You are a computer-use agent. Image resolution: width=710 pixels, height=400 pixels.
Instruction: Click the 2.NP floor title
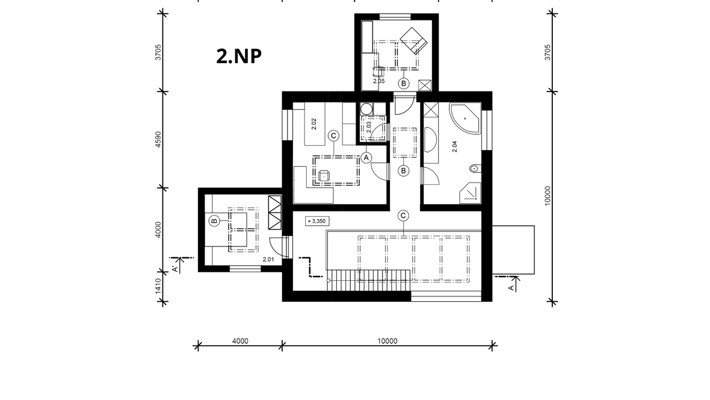[239, 56]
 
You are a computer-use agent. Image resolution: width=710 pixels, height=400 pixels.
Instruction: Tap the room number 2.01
[268, 260]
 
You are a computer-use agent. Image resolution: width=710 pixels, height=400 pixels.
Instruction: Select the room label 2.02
[314, 124]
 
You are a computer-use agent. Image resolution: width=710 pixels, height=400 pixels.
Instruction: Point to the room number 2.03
[369, 127]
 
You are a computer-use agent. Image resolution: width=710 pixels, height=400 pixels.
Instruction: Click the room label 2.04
[455, 146]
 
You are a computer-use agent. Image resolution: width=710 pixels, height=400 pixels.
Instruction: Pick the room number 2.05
[378, 81]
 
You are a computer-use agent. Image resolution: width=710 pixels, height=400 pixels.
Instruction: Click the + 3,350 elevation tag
[317, 221]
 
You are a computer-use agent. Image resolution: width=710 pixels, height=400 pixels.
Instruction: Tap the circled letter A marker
[366, 158]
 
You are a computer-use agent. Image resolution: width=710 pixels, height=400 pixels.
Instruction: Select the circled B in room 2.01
[214, 221]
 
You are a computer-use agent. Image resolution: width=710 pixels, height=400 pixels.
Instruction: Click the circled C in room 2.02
[333, 136]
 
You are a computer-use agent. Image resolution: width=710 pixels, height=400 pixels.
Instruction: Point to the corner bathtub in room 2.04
[465, 118]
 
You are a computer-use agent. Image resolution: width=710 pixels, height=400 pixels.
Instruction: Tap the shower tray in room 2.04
[470, 193]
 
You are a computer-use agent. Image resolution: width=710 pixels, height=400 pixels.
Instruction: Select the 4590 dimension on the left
[158, 140]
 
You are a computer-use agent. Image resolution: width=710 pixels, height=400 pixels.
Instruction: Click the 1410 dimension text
[158, 286]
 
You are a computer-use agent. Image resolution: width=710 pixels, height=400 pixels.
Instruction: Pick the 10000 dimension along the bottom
[387, 341]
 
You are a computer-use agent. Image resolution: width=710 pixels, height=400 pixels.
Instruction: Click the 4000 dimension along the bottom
[240, 341]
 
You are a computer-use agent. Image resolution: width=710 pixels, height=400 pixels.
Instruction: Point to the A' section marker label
[174, 269]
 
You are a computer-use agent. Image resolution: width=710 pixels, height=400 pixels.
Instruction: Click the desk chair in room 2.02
[324, 176]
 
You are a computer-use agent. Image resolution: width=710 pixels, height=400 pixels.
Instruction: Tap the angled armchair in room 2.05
[414, 41]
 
